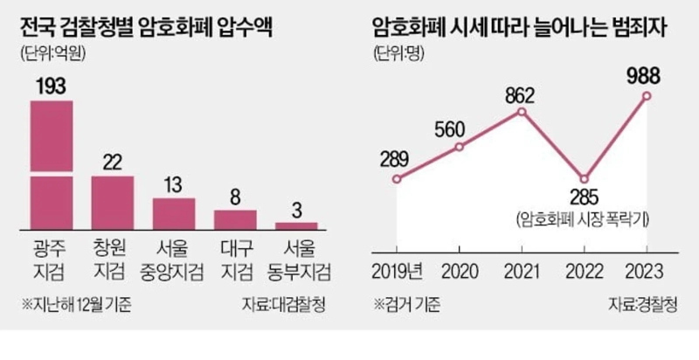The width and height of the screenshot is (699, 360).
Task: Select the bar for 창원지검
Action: click(113, 202)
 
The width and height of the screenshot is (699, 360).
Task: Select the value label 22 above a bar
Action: click(113, 163)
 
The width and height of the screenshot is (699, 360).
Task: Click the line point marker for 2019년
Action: click(397, 179)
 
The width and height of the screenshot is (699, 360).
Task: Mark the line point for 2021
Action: click(522, 112)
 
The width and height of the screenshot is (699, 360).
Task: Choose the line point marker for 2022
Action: click(585, 178)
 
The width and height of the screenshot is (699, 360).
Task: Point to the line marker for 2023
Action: click(647, 96)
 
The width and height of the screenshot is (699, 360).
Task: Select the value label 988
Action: click(647, 76)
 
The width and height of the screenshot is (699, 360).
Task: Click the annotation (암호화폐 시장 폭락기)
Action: click(585, 219)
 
